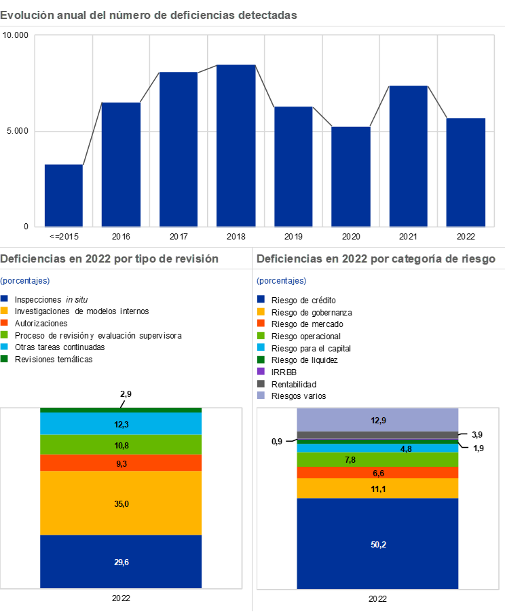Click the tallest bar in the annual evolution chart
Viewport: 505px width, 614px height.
coord(236,145)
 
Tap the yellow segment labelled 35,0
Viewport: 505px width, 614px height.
coord(121,503)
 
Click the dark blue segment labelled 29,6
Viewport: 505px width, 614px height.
coord(121,561)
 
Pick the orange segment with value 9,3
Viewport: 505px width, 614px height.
coord(121,463)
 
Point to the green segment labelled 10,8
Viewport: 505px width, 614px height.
coord(121,444)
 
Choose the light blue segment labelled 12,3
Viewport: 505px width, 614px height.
coord(121,423)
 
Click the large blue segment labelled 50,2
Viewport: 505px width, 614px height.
coord(378,543)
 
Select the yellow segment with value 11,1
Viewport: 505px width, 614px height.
coord(378,488)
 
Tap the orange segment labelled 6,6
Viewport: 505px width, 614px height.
coord(378,472)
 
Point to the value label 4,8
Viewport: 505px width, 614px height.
coord(406,448)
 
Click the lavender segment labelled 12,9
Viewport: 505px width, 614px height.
coord(378,420)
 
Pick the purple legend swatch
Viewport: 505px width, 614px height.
coord(261,371)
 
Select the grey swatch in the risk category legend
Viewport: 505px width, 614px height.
coord(261,383)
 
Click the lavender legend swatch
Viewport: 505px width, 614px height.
coord(261,395)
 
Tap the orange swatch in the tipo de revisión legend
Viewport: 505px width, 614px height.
coord(4,322)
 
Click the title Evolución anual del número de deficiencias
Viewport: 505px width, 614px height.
coord(149,15)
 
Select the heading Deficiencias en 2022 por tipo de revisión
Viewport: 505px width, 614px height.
coord(109,258)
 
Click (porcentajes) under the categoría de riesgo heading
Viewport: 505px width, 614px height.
coord(281,281)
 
